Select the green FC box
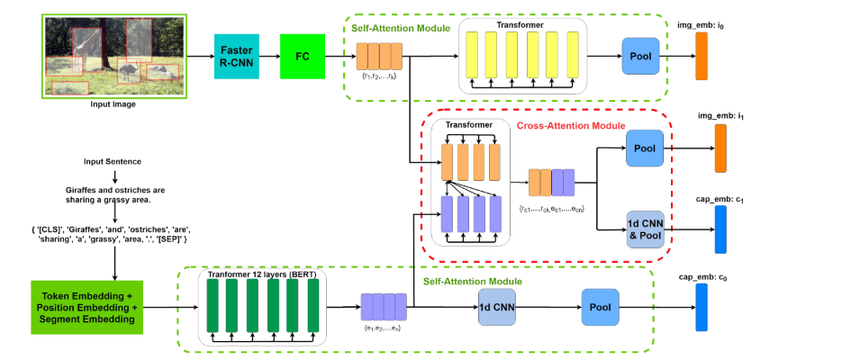pyautogui.click(x=302, y=56)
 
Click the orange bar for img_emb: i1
pyautogui.click(x=720, y=148)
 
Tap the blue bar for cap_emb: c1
pyautogui.click(x=720, y=229)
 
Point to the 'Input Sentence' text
pyautogui.click(x=113, y=163)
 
